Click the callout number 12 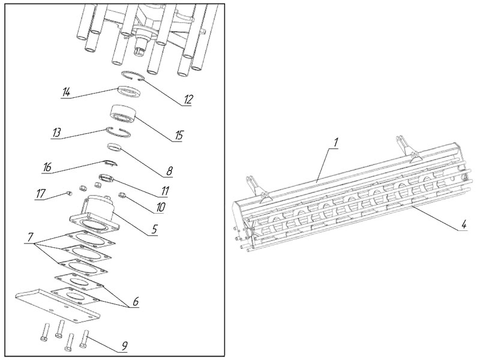pos(188,100)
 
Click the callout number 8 pos(169,171)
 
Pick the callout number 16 pos(46,166)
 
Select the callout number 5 pos(155,229)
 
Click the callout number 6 pos(136,302)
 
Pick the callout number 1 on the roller pos(337,142)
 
